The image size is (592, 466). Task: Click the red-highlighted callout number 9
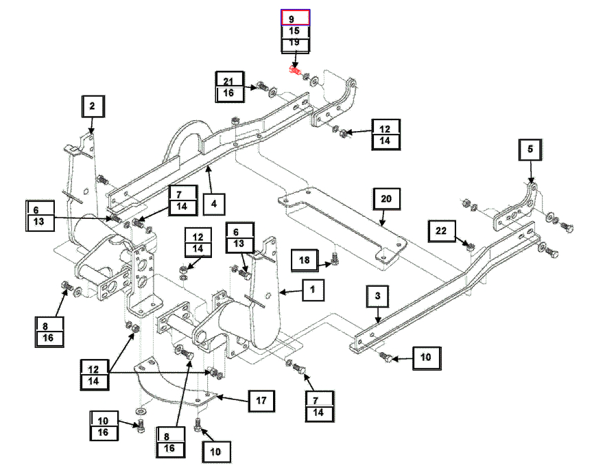(296, 18)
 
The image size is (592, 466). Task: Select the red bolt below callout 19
(295, 69)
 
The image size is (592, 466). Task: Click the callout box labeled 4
(214, 204)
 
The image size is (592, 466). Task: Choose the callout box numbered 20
(386, 199)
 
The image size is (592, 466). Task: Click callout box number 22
(441, 231)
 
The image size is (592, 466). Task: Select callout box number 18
(304, 259)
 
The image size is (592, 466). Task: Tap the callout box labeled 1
(312, 291)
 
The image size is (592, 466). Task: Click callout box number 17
(261, 399)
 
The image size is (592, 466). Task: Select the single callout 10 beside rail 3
(426, 357)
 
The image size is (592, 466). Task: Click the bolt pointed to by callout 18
(334, 258)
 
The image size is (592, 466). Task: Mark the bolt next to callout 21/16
(263, 88)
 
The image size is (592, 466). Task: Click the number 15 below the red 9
(296, 32)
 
